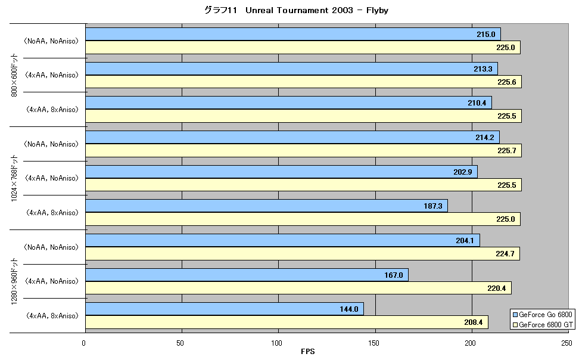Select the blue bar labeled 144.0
pos(225,309)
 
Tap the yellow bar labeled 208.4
pos(287,322)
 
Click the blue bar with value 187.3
pos(267,206)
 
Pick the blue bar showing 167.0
pos(247,275)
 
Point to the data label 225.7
pos(506,150)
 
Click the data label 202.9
pos(463,172)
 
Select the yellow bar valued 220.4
pos(298,288)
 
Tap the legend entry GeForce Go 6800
pos(543,315)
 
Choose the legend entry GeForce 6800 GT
pos(543,325)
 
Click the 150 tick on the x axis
pos(373,343)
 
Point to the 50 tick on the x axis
pos(180,343)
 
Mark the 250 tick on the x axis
pos(567,343)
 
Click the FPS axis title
pos(307,352)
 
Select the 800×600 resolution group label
pos(14,75)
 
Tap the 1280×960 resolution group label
pos(14,282)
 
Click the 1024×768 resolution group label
pos(14,178)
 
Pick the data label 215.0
pos(486,35)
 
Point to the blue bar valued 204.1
pos(283,240)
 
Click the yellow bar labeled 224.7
pos(303,253)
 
